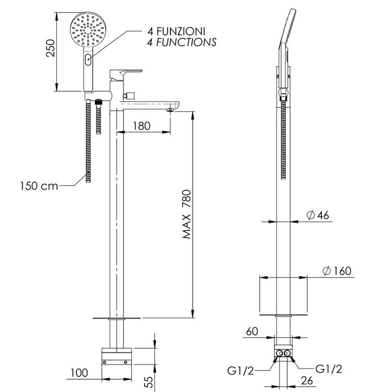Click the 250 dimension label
tap(51, 48)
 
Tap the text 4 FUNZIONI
tap(176, 31)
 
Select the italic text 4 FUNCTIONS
tap(182, 42)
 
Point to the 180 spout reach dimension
tap(142, 126)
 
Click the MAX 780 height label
tap(187, 214)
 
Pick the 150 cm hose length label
tap(39, 186)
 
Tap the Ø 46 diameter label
tap(318, 215)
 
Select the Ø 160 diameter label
tap(337, 271)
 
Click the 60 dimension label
tap(252, 332)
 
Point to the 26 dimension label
tap(307, 381)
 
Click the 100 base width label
tap(79, 373)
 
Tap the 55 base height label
tap(148, 382)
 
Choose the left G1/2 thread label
tap(241, 370)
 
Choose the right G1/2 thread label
tap(328, 369)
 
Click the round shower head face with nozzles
tap(88, 29)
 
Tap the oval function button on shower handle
tap(88, 59)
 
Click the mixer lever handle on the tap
tap(126, 75)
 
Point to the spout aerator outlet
tap(170, 110)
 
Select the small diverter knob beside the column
tap(129, 96)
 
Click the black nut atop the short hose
tap(98, 102)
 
